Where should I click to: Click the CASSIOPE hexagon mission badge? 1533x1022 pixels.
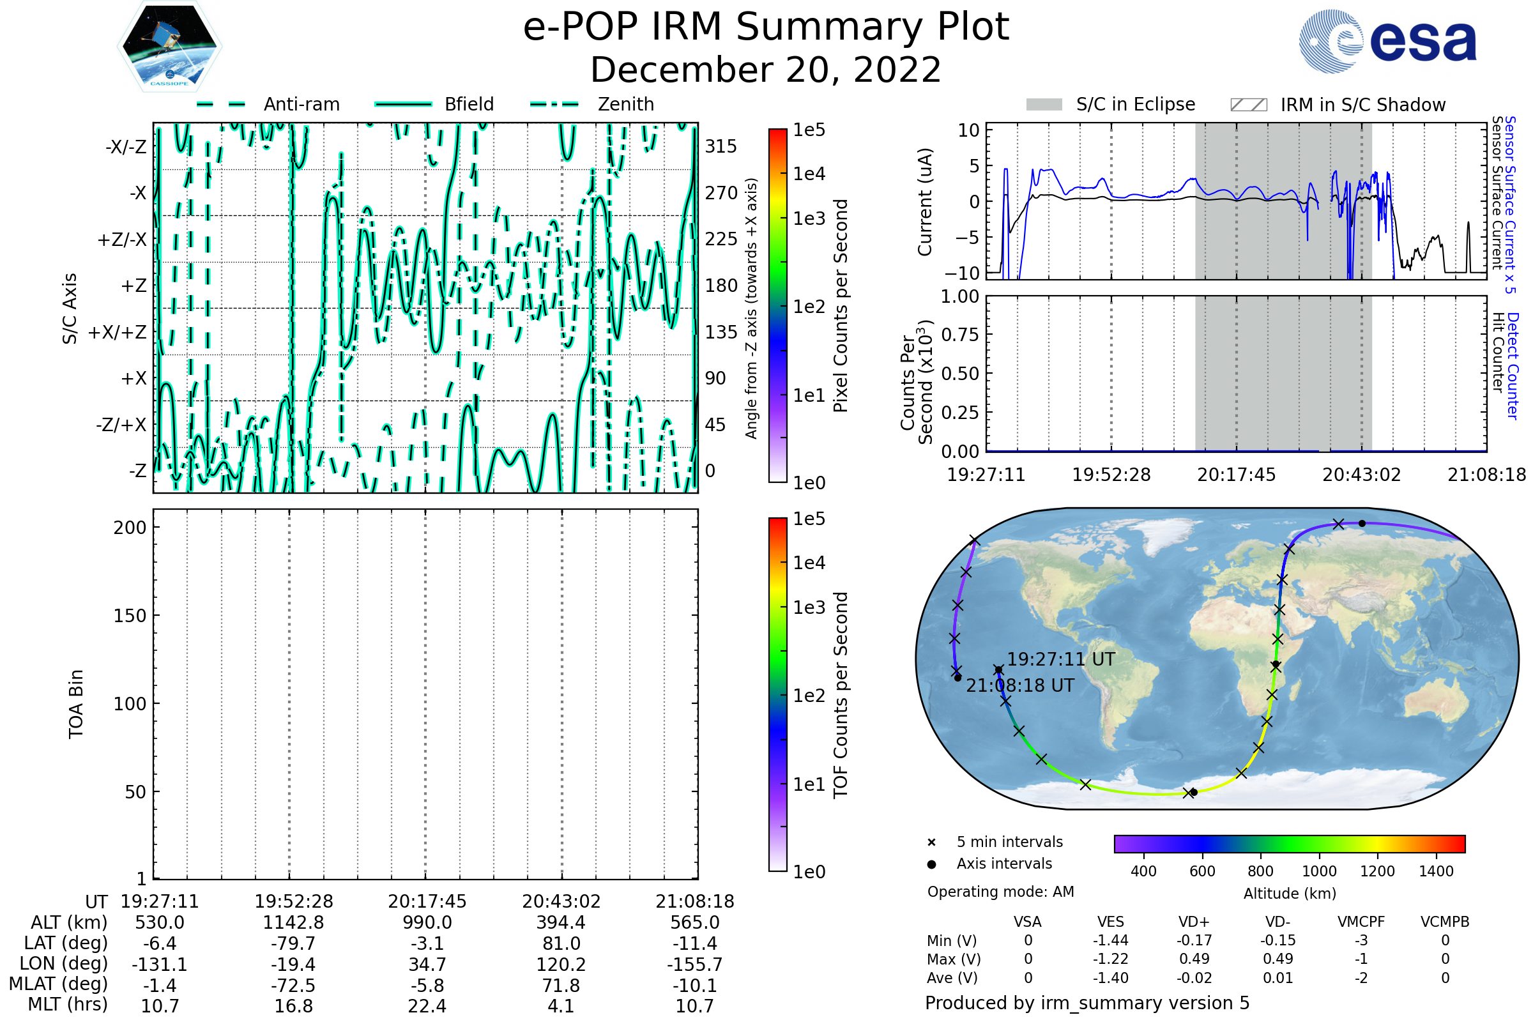coord(169,46)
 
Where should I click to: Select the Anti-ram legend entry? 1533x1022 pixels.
coord(268,104)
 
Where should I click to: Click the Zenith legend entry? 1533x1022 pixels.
coord(592,104)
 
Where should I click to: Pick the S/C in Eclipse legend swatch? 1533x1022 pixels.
coord(1044,105)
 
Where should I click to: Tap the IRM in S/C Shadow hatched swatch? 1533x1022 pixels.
coord(1248,105)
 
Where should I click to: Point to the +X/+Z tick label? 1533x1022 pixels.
coord(118,332)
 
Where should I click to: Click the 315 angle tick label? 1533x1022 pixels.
coord(721,146)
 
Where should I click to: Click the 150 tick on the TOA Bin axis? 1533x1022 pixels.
coord(130,616)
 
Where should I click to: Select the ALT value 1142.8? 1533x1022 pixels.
coord(294,923)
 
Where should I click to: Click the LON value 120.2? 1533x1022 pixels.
coord(561,965)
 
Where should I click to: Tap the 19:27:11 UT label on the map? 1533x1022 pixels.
coord(1061,660)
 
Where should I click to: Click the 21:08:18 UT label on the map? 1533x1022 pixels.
coord(1020,685)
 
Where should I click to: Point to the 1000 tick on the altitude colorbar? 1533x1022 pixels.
coord(1319,871)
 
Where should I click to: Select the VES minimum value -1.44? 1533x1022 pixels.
coord(1111,940)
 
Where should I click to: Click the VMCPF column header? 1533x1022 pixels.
coord(1361,922)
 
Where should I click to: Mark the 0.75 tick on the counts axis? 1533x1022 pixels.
coord(960,335)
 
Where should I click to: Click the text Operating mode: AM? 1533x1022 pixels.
coord(1000,892)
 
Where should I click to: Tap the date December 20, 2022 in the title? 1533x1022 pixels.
coord(766,70)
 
